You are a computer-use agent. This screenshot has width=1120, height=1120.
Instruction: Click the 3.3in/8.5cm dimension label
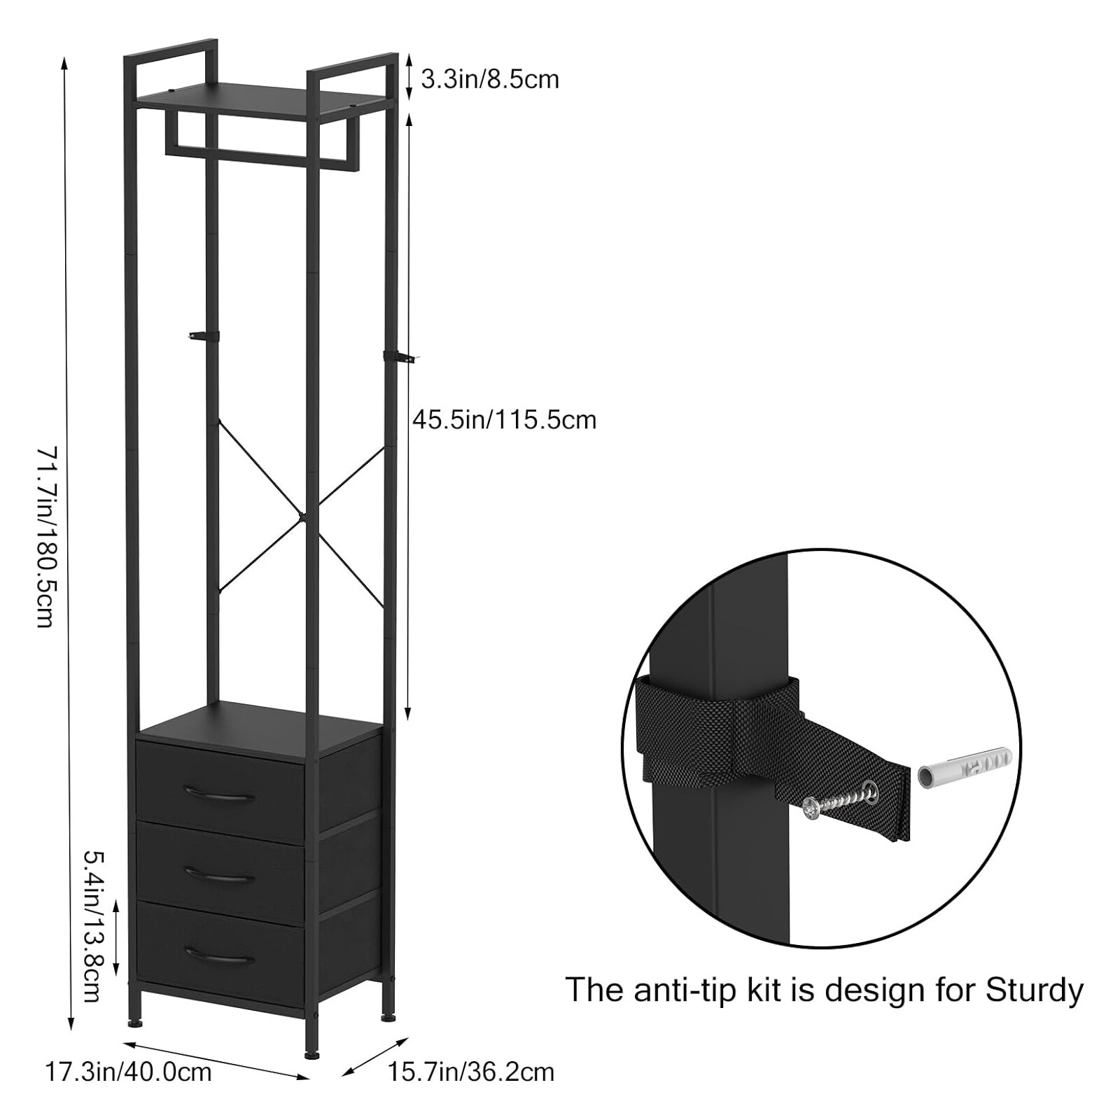coord(490,79)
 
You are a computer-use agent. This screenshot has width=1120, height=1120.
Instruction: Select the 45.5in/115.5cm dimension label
coord(504,420)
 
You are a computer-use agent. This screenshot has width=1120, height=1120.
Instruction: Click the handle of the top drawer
coord(220,794)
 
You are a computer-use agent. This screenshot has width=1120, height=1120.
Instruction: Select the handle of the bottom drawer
coord(220,955)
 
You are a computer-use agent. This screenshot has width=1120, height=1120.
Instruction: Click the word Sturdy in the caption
coord(1035,990)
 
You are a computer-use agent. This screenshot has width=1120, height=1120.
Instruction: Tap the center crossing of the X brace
coord(302,518)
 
